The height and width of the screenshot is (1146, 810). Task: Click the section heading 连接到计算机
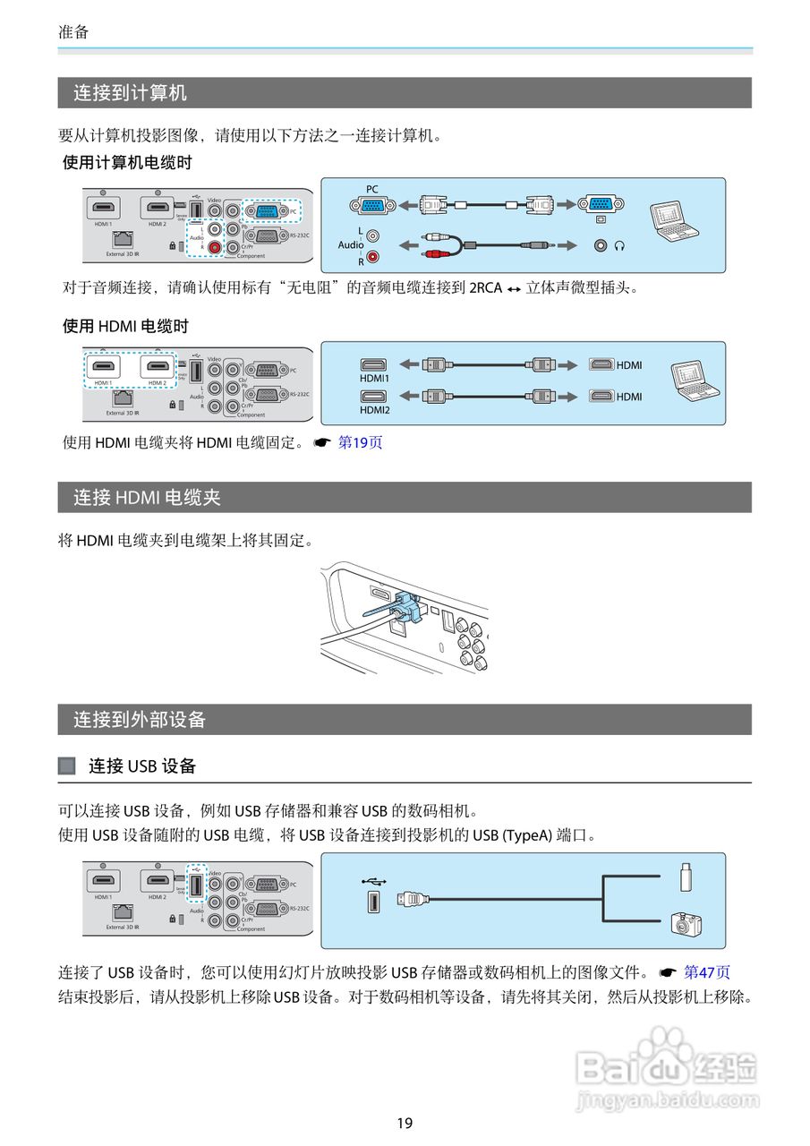pyautogui.click(x=130, y=93)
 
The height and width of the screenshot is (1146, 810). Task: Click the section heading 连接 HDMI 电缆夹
pyautogui.click(x=147, y=497)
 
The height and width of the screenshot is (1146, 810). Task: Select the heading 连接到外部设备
pyautogui.click(x=140, y=719)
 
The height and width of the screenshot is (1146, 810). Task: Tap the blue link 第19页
pyautogui.click(x=360, y=442)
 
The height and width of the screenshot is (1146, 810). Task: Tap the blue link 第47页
pyautogui.click(x=707, y=971)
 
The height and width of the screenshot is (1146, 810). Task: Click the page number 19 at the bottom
pyautogui.click(x=405, y=1123)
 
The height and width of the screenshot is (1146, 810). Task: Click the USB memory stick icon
pyautogui.click(x=686, y=877)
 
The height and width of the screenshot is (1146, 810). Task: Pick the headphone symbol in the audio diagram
pyautogui.click(x=618, y=244)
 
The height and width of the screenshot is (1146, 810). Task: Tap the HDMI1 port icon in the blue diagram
pyautogui.click(x=374, y=364)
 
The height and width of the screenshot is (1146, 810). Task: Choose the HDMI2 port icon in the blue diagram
pyautogui.click(x=374, y=395)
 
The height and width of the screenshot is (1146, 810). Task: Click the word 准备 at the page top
pyautogui.click(x=73, y=31)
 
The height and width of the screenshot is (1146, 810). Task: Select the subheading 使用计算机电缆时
pyautogui.click(x=127, y=163)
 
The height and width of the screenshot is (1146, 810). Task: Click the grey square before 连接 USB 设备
pyautogui.click(x=67, y=765)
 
